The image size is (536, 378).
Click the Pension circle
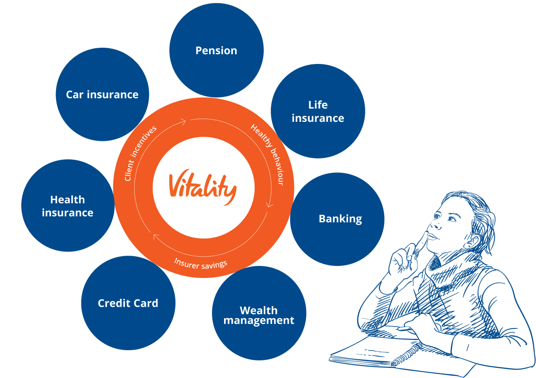click(216, 50)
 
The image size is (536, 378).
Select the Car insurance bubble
click(102, 94)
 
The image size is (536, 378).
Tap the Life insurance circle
click(318, 111)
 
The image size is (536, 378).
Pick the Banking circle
click(337, 219)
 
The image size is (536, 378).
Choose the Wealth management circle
click(259, 313)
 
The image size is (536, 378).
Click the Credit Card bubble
click(128, 303)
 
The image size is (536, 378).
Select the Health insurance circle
click(68, 206)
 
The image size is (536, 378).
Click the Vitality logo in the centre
click(203, 187)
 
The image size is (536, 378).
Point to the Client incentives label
click(140, 153)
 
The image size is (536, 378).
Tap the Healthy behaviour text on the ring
click(268, 154)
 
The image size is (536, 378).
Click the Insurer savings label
click(201, 264)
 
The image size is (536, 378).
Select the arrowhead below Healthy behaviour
click(270, 204)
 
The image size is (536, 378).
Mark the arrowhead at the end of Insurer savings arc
click(156, 237)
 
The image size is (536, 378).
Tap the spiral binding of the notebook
click(407, 354)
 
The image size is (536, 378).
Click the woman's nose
click(435, 224)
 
